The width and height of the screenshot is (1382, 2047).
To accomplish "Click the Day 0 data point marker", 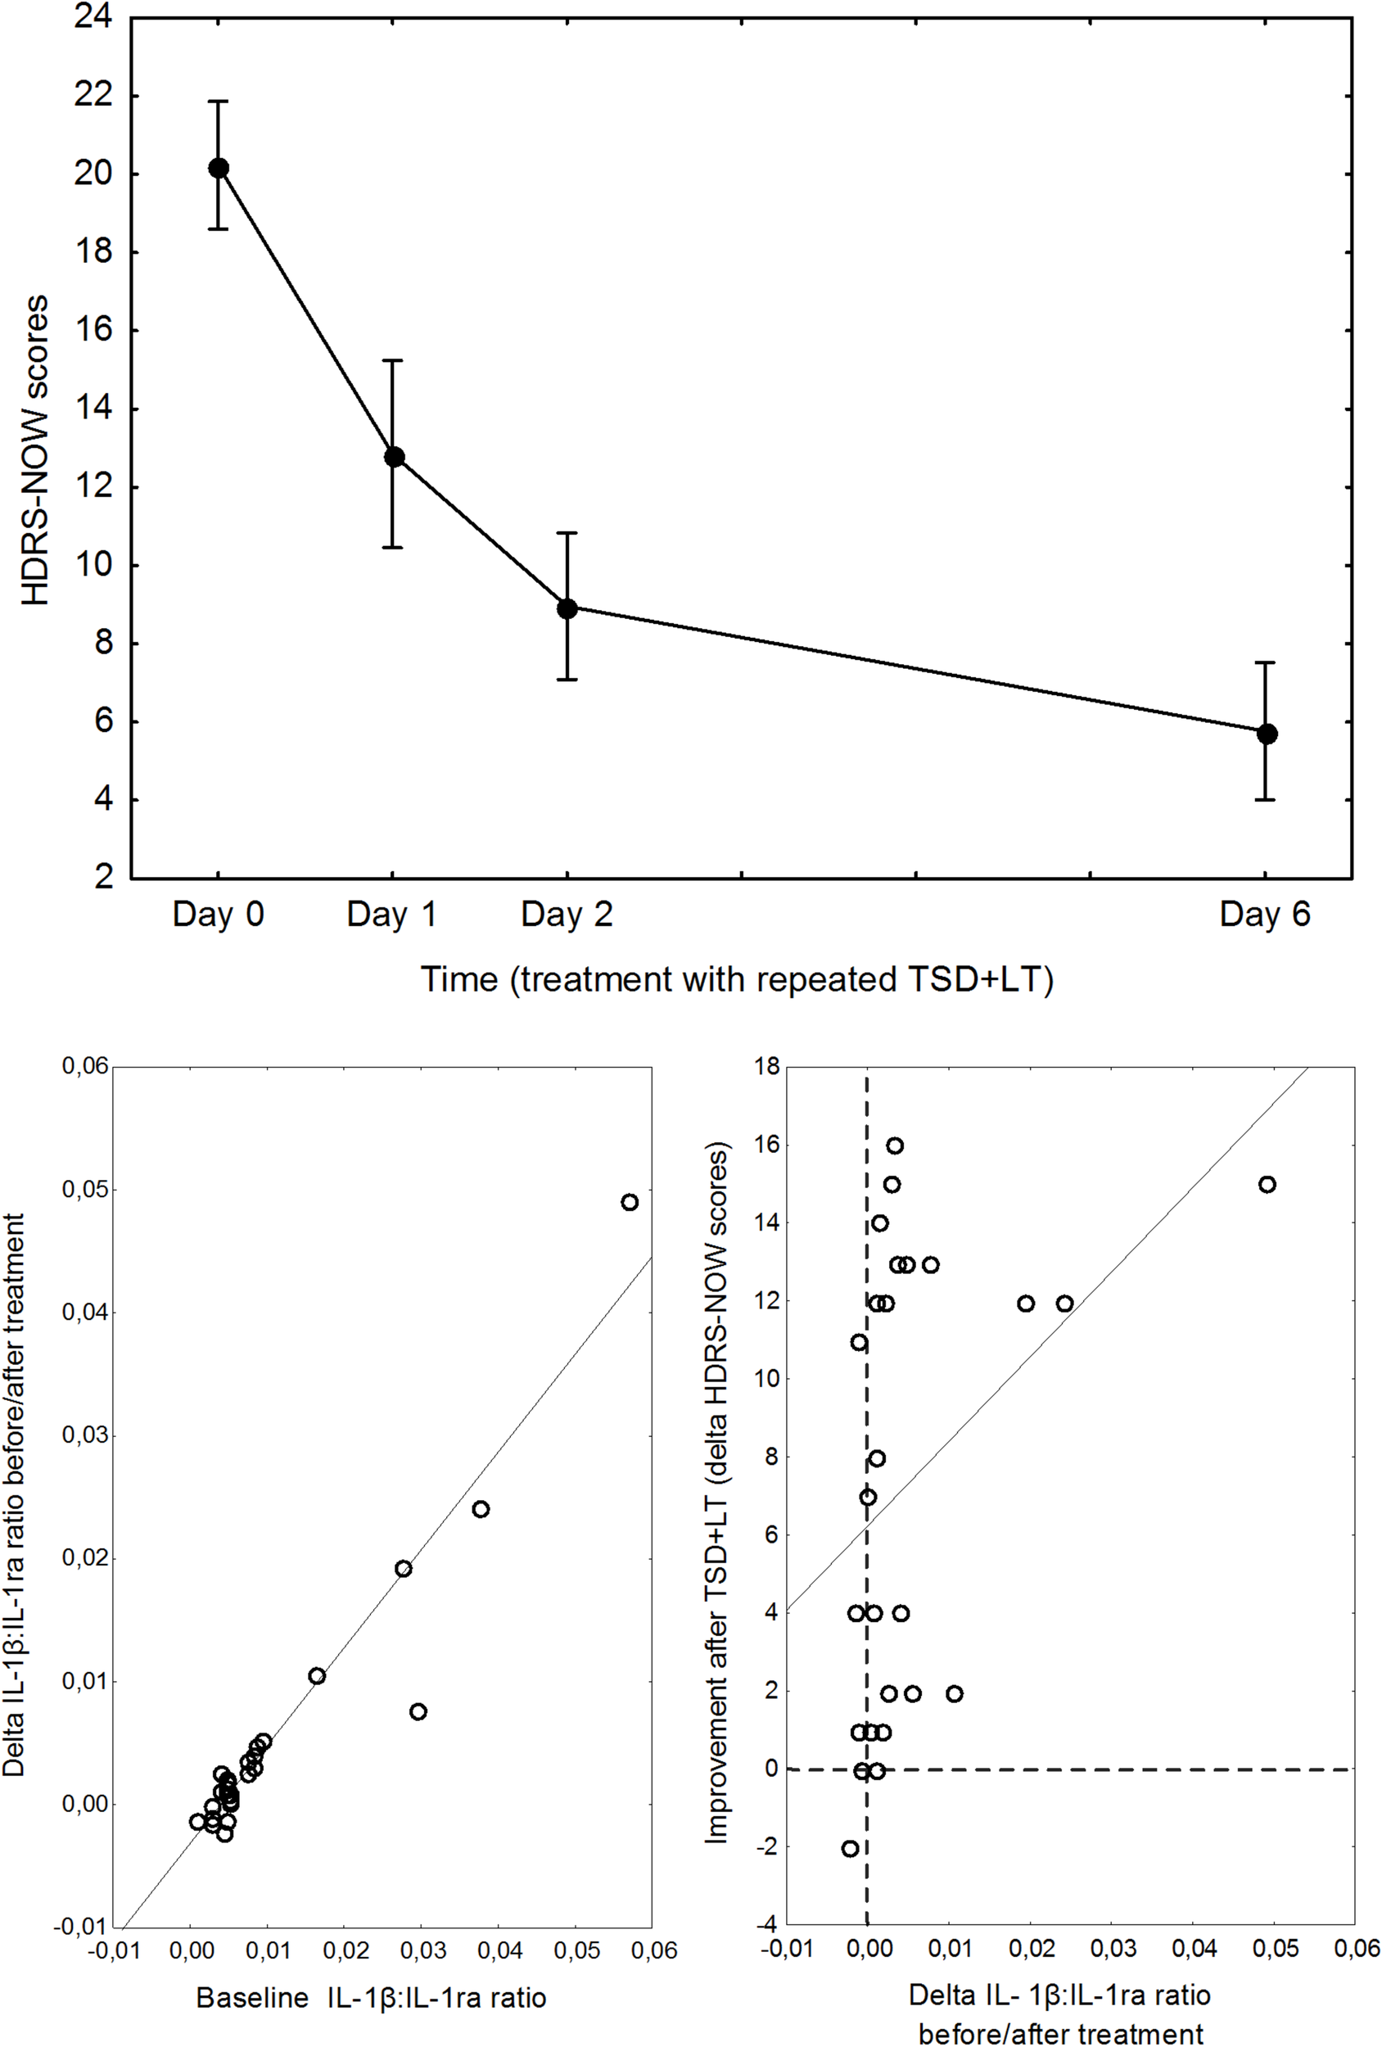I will pos(219,167).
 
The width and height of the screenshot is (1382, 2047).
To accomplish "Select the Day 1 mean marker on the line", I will pos(394,456).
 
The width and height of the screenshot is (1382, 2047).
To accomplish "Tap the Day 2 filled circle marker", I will pos(567,608).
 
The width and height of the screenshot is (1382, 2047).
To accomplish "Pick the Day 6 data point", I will pos(1267,734).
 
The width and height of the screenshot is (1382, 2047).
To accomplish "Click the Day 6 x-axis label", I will pos(1264,915).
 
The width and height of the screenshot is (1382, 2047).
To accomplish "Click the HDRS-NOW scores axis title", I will pos(35,450).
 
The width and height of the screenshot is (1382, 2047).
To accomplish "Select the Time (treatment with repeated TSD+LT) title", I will pos(736,978).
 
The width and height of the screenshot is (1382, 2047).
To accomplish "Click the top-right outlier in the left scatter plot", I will pos(629,1201).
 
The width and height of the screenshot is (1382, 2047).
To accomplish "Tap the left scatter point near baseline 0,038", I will pos(480,1509).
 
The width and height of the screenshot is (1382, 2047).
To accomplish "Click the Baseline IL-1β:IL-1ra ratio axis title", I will pos(371,1997).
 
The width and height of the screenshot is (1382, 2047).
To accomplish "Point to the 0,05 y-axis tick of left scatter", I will pos(84,1189).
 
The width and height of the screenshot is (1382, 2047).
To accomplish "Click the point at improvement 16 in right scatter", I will pos(894,1145).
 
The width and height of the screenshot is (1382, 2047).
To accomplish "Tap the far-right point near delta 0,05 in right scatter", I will pos(1267,1184).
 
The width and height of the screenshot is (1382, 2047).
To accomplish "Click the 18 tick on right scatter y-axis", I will pos(766,1067).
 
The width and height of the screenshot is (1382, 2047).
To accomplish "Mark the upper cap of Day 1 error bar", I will pos(392,360).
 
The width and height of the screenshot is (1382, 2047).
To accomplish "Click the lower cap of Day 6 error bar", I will pos(1265,800).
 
